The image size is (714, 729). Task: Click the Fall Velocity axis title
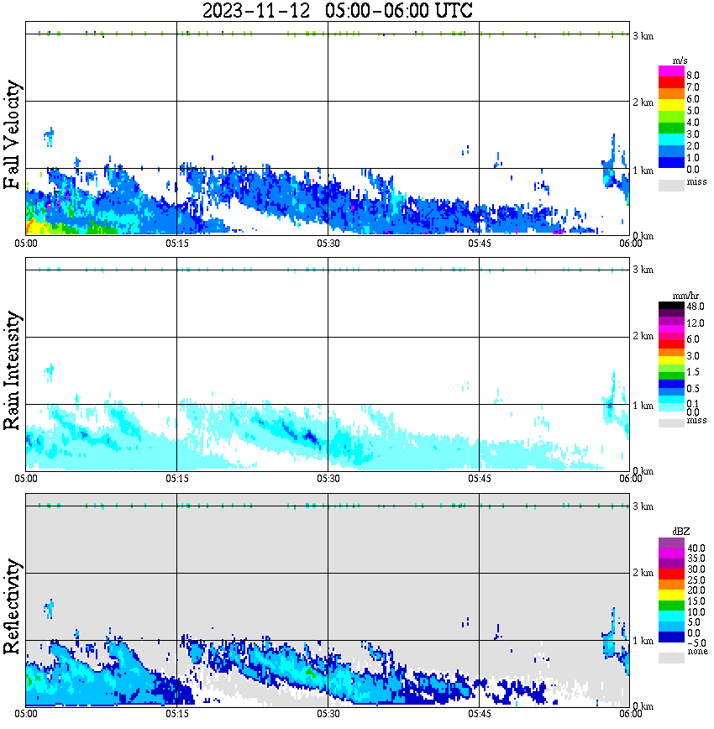[12, 136]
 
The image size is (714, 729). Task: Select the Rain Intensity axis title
[12, 370]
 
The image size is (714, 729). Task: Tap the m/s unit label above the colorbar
[680, 60]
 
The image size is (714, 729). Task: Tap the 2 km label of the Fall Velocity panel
[643, 102]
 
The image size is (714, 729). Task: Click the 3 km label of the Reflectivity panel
[643, 506]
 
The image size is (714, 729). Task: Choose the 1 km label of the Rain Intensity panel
[643, 406]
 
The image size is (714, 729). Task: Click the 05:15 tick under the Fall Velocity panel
[176, 243]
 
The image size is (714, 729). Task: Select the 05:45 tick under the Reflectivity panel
[479, 714]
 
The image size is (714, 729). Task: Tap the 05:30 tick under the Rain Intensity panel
[328, 478]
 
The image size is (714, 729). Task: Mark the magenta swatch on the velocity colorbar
[670, 71]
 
